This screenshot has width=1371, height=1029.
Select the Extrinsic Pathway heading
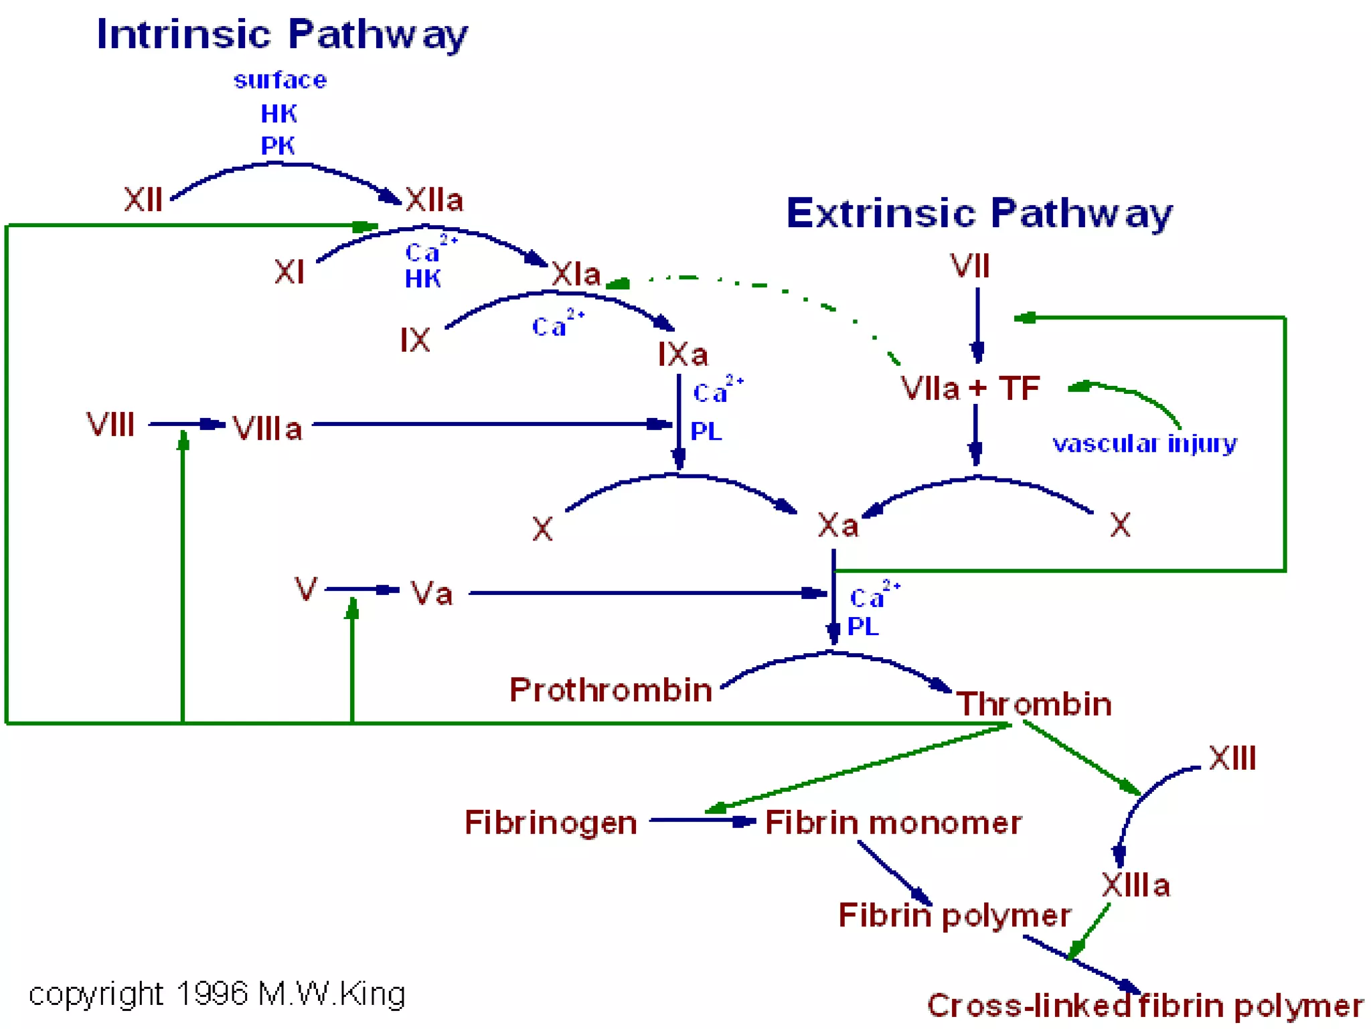tap(979, 213)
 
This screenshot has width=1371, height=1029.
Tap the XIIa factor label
tap(434, 200)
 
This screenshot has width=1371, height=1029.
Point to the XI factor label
tap(289, 272)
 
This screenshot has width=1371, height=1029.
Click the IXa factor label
tap(682, 354)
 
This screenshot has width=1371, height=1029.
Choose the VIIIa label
tap(267, 429)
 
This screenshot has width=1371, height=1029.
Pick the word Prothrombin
tap(611, 690)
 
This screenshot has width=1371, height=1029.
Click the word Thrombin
tap(1034, 704)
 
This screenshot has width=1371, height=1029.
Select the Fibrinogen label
tap(550, 823)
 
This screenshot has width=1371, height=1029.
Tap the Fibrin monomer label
tap(893, 823)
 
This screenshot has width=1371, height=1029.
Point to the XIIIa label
tap(1135, 885)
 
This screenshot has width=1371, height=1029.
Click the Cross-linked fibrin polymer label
tap(1145, 1006)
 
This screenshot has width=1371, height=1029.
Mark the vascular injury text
tap(1144, 443)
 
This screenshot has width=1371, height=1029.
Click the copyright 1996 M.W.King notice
tap(217, 994)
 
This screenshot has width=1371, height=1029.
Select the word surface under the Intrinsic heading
tap(280, 80)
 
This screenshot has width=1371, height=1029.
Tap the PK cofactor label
tap(278, 145)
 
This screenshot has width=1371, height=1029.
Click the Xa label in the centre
tap(837, 525)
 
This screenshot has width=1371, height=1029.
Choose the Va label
tap(432, 594)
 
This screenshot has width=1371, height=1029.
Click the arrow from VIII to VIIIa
tap(186, 424)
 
